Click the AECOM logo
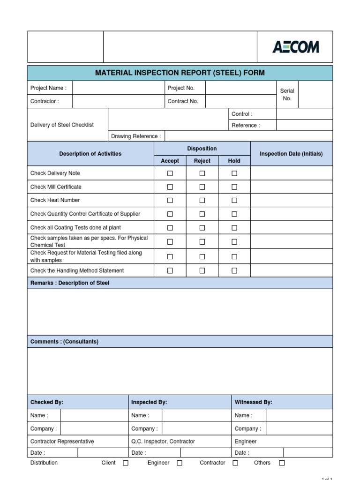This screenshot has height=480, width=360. tap(295, 47)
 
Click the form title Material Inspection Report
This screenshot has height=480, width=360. tap(180, 73)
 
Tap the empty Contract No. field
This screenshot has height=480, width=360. tap(240, 101)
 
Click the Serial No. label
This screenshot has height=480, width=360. tap(287, 94)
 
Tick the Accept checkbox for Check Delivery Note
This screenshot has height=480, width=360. tap(170, 173)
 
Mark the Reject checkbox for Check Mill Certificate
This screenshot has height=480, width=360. tap(202, 187)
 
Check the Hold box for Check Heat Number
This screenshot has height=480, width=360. tap(234, 200)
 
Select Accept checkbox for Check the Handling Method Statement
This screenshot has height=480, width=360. tap(170, 270)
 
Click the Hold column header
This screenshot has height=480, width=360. tap(234, 161)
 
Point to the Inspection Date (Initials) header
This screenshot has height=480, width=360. tap(291, 154)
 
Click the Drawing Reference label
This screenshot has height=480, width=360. tap(136, 136)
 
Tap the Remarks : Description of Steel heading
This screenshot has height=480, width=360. tap(70, 283)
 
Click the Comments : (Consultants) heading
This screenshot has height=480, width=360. tap(65, 342)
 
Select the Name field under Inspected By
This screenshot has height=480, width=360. tap(196, 415)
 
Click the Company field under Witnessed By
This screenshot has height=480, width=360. tap(299, 428)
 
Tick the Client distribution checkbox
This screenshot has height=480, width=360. tap(126, 463)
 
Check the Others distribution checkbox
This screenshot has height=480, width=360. tap(282, 463)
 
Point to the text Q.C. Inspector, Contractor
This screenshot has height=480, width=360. tap(163, 442)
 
